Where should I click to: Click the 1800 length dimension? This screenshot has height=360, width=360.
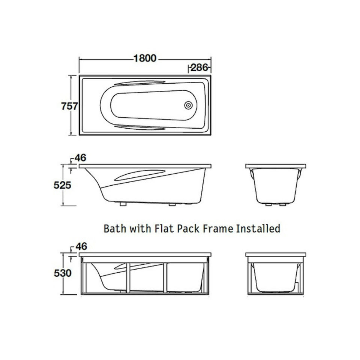[x=145, y=58]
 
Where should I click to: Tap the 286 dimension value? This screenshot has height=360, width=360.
[x=199, y=67]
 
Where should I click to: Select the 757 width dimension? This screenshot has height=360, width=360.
[x=69, y=106]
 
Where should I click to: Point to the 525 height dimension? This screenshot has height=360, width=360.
[x=63, y=185]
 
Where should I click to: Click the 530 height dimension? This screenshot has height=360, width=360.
[x=63, y=273]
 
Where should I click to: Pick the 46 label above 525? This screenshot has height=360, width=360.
[x=80, y=158]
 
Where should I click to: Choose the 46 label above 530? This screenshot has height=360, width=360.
[x=81, y=246]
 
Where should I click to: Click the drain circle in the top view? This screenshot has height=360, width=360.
[x=188, y=105]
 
